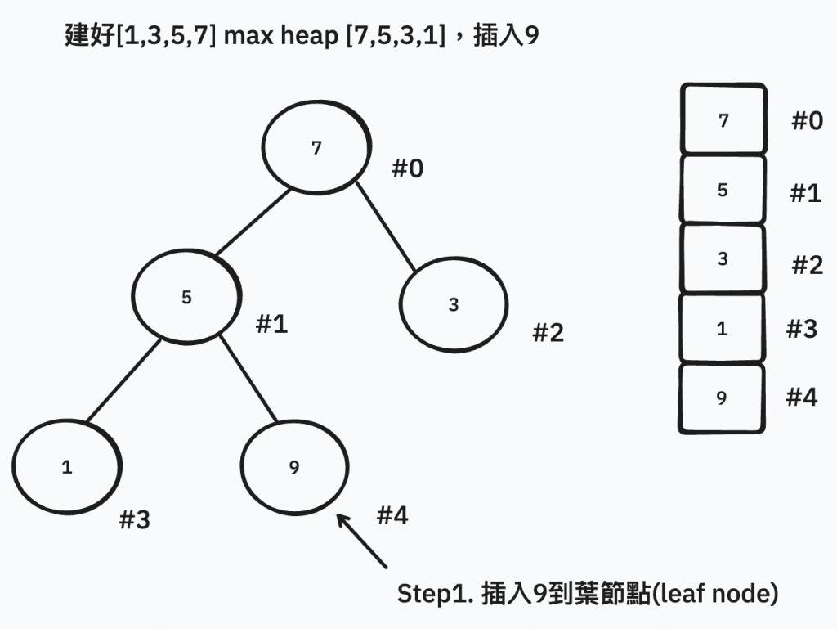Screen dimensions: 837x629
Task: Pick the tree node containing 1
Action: [67, 467]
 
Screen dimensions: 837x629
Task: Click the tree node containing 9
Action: [294, 467]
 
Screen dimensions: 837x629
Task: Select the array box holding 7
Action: [723, 120]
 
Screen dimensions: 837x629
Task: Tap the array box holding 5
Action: [723, 190]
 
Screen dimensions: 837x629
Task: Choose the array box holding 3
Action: [723, 259]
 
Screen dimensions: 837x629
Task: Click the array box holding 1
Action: [722, 329]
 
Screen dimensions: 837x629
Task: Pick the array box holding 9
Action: [722, 398]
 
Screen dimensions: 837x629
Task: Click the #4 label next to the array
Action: [802, 397]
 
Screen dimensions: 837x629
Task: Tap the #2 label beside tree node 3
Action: [548, 332]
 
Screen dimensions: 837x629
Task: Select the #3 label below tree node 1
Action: [135, 519]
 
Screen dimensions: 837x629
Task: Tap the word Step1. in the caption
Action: [433, 594]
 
